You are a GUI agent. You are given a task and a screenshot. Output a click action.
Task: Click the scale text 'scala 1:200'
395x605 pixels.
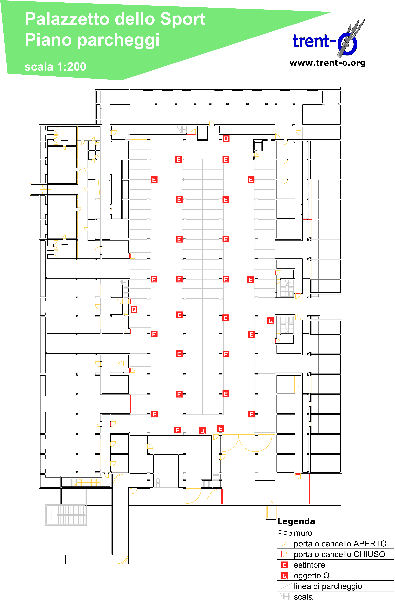55,67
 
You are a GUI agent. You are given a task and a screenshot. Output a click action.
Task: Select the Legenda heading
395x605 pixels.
296,521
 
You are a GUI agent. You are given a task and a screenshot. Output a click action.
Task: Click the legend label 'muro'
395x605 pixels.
303,533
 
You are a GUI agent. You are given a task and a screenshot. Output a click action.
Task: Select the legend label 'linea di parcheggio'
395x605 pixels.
328,586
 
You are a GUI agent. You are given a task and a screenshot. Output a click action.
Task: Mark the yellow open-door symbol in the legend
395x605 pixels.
283,543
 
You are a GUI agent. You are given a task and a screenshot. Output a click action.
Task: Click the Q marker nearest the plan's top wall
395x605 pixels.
226,139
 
